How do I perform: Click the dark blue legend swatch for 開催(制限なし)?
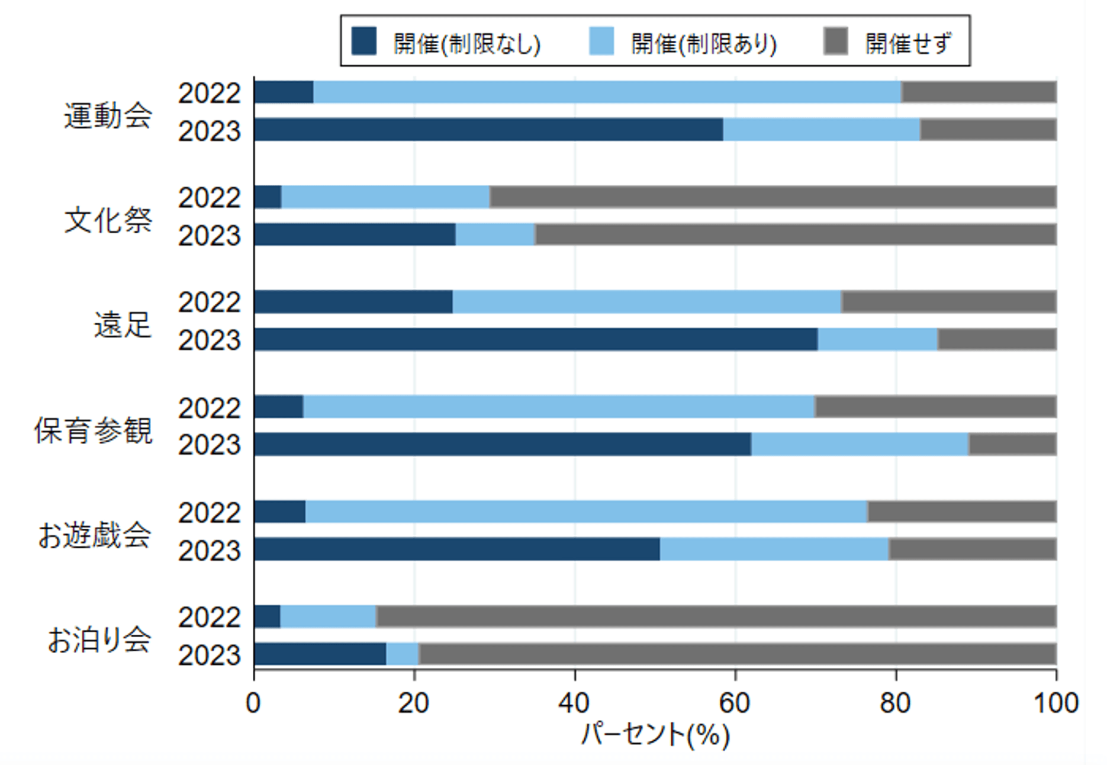click(x=363, y=41)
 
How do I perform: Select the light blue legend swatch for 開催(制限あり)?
click(x=601, y=41)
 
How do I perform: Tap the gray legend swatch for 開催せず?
click(x=835, y=41)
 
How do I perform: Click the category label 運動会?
click(x=108, y=115)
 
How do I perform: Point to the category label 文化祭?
click(x=108, y=220)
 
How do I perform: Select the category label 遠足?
click(x=123, y=324)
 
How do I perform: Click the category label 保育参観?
click(x=93, y=430)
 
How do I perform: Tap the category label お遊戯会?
click(x=95, y=535)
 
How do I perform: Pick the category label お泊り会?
click(x=99, y=639)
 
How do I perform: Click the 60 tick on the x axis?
click(x=735, y=703)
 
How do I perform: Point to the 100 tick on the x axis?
click(x=1055, y=703)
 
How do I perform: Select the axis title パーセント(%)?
click(x=655, y=735)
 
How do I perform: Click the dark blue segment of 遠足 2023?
click(x=536, y=340)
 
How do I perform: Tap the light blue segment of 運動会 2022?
click(x=607, y=92)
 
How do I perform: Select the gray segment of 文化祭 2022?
click(x=773, y=197)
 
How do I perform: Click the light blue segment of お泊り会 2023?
click(x=403, y=654)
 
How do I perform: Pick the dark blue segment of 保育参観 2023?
click(x=503, y=444)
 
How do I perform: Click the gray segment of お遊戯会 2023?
click(x=972, y=549)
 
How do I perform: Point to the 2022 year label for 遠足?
click(x=210, y=303)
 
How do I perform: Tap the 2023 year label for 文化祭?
click(x=210, y=236)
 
